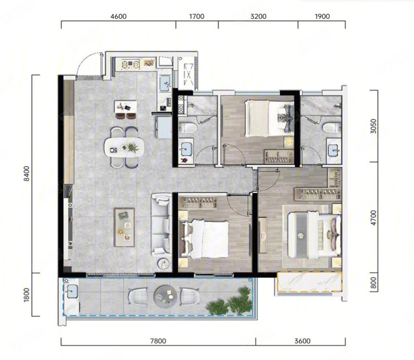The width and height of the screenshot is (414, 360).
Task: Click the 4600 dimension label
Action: tap(119, 16)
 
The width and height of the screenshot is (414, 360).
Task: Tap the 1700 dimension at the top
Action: tap(197, 16)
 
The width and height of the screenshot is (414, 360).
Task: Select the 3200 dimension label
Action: tap(258, 16)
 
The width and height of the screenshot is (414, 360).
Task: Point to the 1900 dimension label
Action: tap(322, 16)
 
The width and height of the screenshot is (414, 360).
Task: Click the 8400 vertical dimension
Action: tap(27, 174)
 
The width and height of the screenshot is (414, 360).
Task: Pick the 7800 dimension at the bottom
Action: tap(158, 341)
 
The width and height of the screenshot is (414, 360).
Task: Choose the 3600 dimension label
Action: tap(303, 341)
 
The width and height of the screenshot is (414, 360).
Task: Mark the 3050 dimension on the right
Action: tap(373, 126)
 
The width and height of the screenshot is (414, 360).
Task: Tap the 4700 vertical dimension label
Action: tap(373, 218)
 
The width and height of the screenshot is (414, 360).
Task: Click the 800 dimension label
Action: tap(373, 283)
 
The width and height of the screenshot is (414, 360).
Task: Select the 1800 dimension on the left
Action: tap(27, 295)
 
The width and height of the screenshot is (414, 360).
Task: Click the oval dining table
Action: tap(124, 147)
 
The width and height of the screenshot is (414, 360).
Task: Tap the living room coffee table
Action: tap(125, 228)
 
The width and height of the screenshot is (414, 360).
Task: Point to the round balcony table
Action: tap(165, 296)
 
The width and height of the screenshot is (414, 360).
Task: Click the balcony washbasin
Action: tap(71, 292)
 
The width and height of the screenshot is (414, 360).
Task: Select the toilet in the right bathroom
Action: tap(330, 127)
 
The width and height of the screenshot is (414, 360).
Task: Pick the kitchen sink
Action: tap(165, 82)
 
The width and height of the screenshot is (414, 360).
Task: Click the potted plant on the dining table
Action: tap(132, 147)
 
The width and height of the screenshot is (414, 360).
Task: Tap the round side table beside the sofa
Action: tap(163, 263)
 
